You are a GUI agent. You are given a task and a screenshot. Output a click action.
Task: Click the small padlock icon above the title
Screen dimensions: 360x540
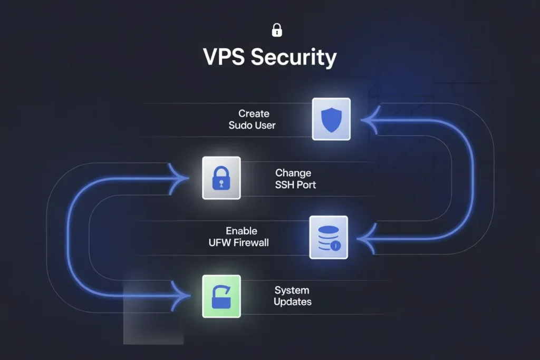tap(276, 30)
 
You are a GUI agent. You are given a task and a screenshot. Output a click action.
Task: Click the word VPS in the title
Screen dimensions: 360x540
tap(224, 57)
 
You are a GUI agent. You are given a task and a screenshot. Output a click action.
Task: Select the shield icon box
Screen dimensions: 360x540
tap(331, 119)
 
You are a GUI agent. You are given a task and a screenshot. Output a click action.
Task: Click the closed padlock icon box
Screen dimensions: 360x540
tap(221, 178)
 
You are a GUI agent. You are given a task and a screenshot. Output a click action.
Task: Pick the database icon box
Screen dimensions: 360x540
tap(329, 237)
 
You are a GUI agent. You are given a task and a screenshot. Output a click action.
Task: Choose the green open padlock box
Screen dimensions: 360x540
tap(221, 296)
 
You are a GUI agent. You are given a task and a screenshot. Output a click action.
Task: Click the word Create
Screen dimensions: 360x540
tap(254, 113)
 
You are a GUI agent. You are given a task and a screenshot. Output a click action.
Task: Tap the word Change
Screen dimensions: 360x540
tap(293, 173)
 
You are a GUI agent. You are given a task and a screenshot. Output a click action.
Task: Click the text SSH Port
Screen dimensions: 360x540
tap(295, 185)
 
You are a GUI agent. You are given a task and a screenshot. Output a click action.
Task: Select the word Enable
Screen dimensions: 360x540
tap(242, 231)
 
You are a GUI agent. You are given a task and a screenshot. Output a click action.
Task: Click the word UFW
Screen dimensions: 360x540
tap(220, 243)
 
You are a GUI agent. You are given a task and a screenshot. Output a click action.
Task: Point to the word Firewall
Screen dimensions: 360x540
tap(252, 243)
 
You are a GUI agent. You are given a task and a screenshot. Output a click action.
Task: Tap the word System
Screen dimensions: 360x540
tap(292, 290)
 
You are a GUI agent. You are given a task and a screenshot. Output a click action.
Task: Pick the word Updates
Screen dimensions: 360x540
tap(292, 302)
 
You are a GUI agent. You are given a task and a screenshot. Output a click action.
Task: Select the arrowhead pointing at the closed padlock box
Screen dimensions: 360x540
tap(181, 178)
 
